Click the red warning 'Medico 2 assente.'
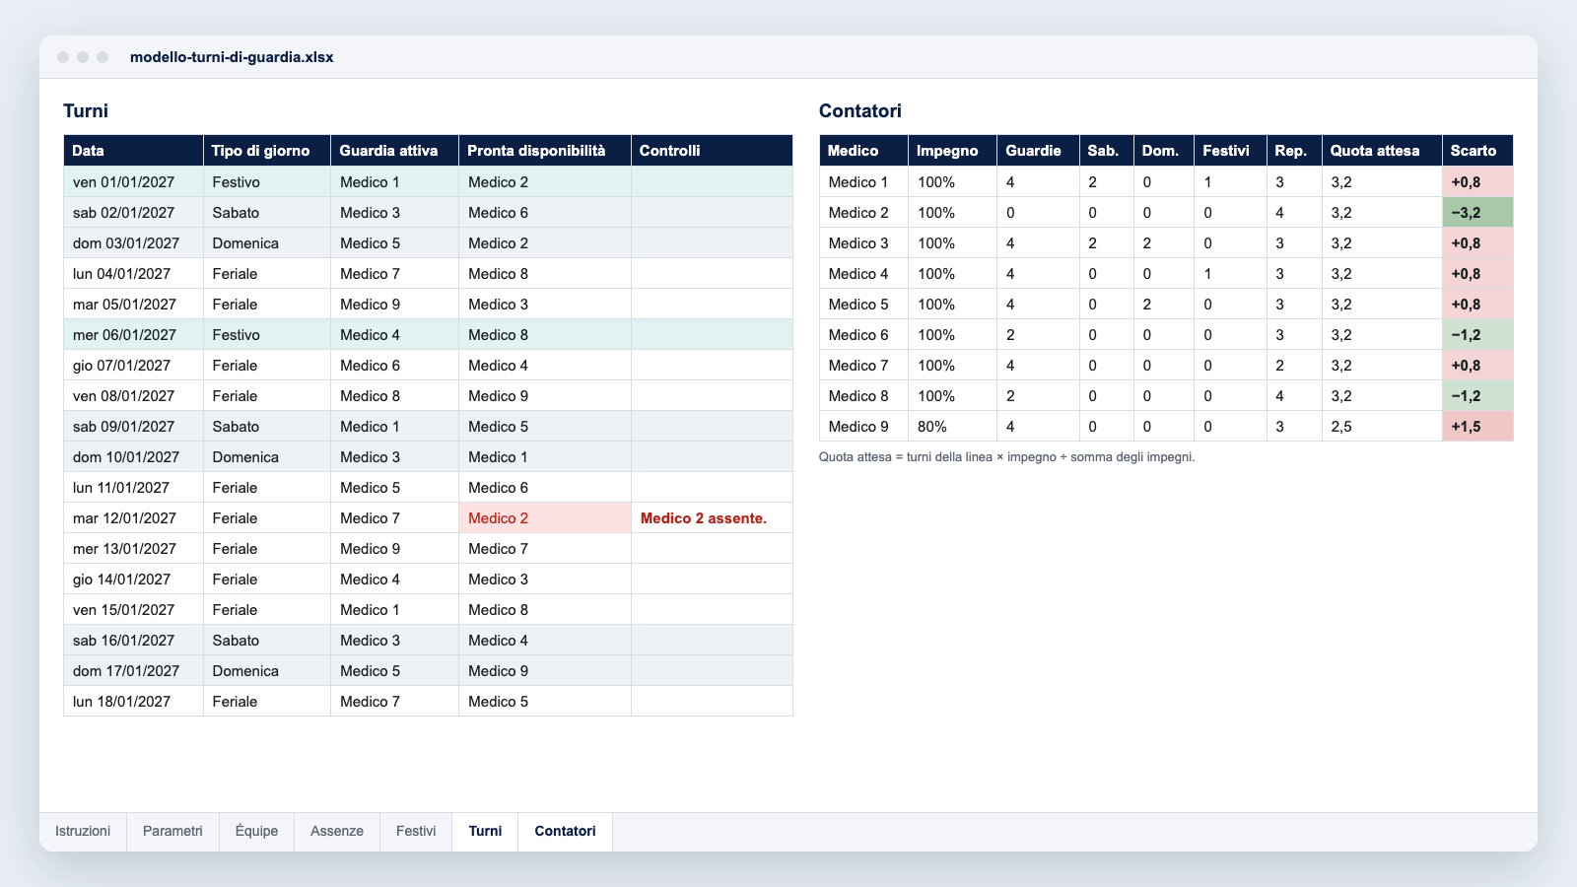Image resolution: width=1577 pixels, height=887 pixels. (x=704, y=518)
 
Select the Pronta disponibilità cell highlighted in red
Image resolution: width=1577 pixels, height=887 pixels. (x=545, y=518)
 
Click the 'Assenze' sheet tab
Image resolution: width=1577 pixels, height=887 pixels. (x=336, y=832)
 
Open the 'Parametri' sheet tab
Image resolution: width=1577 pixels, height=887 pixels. (x=172, y=832)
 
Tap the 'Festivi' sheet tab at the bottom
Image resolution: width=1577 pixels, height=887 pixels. (x=415, y=832)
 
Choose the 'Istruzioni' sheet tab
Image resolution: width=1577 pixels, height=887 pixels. (x=83, y=832)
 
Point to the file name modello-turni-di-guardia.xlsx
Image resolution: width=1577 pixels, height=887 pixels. (x=232, y=57)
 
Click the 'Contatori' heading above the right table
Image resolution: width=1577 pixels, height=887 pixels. (x=859, y=110)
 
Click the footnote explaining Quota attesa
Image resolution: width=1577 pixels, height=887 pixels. (x=1006, y=457)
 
